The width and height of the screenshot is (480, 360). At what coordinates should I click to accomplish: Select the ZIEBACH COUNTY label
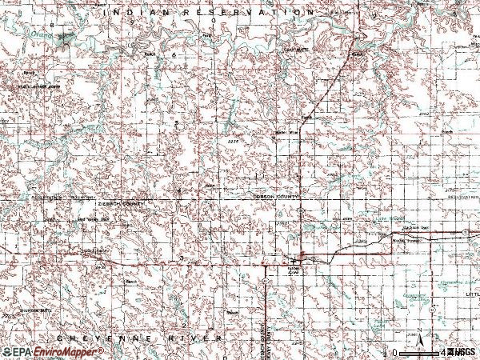coord(118,204)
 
